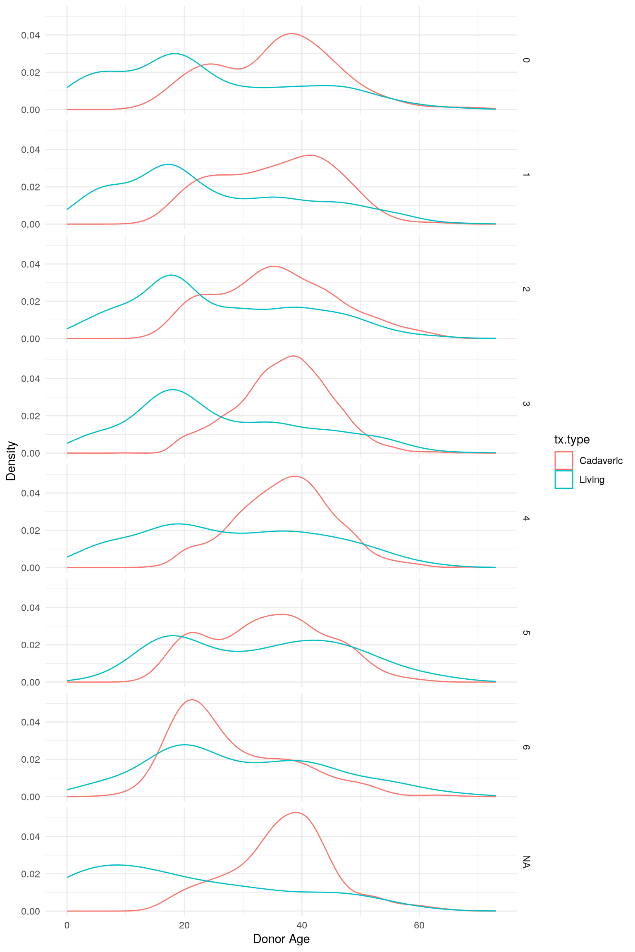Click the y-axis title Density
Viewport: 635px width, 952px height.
tap(11, 461)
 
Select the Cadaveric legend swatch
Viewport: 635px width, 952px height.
tap(564, 460)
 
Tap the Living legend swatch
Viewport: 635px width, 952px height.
tap(564, 479)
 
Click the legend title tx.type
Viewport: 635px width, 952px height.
tap(572, 439)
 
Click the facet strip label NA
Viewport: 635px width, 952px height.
tap(526, 862)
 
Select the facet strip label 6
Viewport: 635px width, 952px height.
tap(526, 747)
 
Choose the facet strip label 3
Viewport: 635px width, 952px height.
tap(526, 404)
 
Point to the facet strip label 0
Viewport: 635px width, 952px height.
tap(526, 60)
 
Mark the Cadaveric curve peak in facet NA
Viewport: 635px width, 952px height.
tap(296, 812)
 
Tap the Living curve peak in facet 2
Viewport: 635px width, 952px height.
tap(171, 275)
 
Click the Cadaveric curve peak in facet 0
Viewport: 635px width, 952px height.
tap(291, 33)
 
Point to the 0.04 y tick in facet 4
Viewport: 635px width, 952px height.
tap(31, 493)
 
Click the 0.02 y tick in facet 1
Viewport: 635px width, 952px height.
tap(31, 187)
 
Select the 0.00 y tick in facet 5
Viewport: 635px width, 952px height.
tap(31, 682)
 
